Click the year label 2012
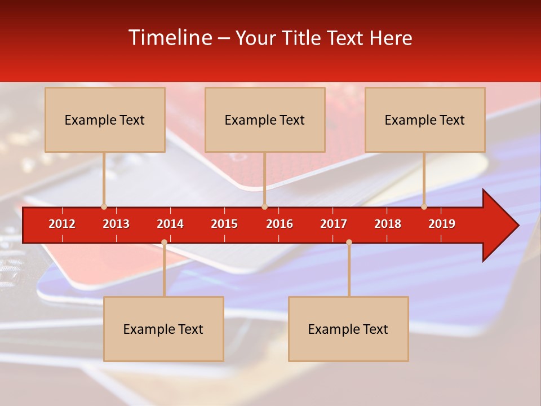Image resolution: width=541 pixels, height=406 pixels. click(62, 224)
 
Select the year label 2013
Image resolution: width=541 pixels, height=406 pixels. click(116, 224)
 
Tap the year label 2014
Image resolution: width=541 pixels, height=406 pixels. click(170, 224)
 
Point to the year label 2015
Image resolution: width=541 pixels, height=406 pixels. click(224, 224)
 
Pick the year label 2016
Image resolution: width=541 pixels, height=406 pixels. click(280, 224)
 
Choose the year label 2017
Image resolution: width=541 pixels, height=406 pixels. click(334, 224)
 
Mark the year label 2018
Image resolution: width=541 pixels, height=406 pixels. click(388, 224)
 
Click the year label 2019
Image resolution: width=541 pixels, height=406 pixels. click(442, 224)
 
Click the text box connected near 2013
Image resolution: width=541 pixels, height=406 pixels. click(105, 120)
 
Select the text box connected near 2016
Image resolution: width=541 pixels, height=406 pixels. click(265, 120)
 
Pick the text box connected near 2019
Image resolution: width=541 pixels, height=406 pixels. click(425, 120)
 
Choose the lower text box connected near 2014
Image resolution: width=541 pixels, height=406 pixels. click(163, 329)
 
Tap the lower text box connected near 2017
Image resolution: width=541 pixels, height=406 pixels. click(348, 329)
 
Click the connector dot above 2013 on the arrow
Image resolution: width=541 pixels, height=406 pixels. click(104, 207)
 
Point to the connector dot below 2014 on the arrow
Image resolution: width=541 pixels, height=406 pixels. click(164, 242)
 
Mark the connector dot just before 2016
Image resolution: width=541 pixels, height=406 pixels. click(264, 207)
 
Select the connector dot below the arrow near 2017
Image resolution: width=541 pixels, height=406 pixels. click(349, 242)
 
